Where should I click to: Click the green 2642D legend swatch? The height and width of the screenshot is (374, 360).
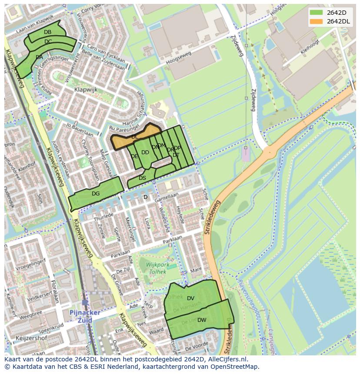tap(317, 13)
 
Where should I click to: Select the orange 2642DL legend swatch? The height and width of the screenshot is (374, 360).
tap(317, 21)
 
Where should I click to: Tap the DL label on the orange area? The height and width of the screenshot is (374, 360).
tap(135, 137)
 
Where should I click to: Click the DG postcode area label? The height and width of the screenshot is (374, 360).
tap(96, 194)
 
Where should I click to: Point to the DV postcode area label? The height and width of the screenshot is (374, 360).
tap(190, 298)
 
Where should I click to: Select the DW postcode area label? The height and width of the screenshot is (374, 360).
tap(202, 320)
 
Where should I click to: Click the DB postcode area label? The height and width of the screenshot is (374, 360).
tap(47, 32)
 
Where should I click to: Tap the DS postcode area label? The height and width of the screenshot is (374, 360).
tap(142, 178)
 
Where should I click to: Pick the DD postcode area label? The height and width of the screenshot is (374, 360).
tap(145, 152)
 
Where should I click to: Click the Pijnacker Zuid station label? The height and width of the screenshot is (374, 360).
tap(85, 316)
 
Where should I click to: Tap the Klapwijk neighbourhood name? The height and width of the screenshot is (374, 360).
tap(86, 90)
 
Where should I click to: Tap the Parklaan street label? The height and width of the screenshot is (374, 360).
tap(173, 239)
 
